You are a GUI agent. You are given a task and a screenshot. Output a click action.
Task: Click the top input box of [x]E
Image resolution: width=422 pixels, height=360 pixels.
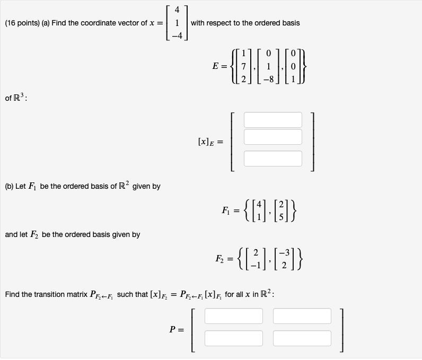coord(272,120)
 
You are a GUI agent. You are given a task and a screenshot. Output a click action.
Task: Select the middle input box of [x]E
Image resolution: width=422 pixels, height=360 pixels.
coord(272,137)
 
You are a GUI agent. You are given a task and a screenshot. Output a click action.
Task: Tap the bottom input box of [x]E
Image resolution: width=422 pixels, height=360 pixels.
coord(272,158)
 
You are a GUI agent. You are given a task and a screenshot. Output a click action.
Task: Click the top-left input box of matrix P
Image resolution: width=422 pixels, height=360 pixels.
coord(233,316)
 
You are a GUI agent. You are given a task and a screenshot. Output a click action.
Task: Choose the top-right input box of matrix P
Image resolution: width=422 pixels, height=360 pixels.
coord(302,316)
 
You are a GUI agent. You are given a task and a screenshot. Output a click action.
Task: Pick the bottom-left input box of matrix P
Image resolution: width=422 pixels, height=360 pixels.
coord(233,338)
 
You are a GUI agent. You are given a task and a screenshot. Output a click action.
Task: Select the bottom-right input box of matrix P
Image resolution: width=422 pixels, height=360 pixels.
coord(302,338)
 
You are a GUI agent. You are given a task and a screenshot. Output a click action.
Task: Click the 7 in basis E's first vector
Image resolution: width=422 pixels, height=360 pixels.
coord(242,69)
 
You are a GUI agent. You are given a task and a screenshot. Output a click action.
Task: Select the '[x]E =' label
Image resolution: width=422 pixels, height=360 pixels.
coord(209,142)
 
